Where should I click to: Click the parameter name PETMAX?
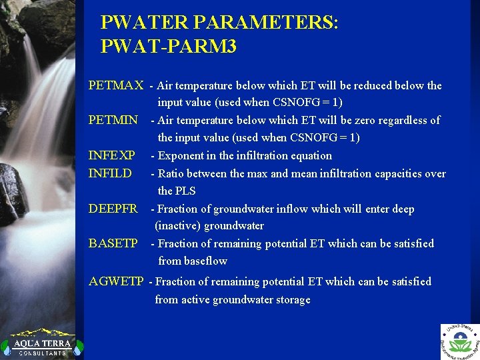coord(116,85)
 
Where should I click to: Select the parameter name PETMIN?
coord(113,120)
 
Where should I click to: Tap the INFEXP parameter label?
coord(112,155)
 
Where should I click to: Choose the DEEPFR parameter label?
coord(113,209)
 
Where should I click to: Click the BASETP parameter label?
coord(113,243)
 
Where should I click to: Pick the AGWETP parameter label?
coord(117,281)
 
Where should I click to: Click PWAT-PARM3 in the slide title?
coord(169,47)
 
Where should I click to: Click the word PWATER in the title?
coord(144,23)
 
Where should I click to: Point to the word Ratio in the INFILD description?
coord(171,173)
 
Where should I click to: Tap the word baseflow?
coord(205,261)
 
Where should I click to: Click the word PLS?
coord(186,191)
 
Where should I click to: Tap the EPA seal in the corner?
coord(459,341)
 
